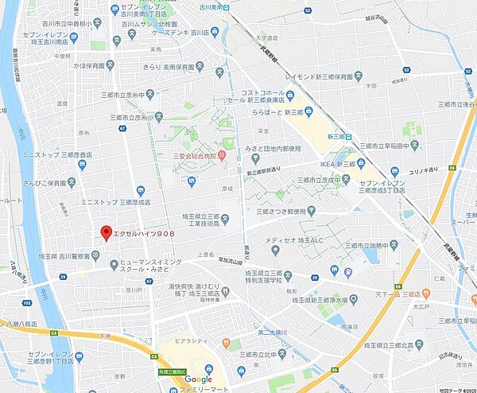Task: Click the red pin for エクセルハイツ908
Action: click(x=104, y=232)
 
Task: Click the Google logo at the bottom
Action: click(x=198, y=379)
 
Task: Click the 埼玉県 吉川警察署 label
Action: click(x=64, y=256)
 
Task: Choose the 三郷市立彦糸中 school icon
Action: click(x=159, y=115)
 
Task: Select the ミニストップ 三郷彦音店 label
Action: click(x=52, y=154)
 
